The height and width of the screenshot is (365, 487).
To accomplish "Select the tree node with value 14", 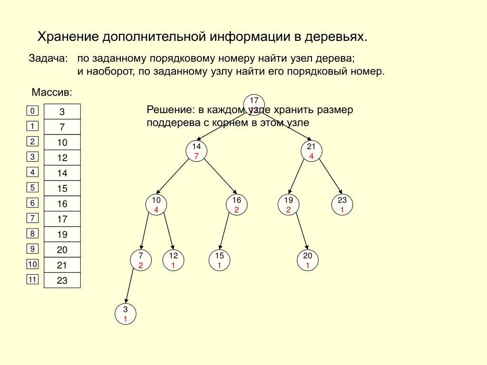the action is coord(196,151).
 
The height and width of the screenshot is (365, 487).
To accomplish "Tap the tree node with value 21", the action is coord(311,151).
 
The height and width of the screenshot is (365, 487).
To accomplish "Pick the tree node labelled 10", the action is coord(156,204).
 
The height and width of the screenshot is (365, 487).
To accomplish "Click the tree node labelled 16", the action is coord(236,204).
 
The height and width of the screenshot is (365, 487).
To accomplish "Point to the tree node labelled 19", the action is coord(288,204).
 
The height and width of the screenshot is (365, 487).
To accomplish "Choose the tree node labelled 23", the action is coord(342,204).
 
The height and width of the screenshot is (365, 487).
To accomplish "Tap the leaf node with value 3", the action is coord(126,314).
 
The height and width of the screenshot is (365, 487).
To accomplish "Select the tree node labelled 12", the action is coord(173,260).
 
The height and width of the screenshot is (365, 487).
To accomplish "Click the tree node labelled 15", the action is coord(219,260).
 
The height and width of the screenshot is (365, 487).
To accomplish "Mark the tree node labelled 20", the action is coord(307,260).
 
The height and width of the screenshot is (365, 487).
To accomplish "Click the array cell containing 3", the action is coord(62,112).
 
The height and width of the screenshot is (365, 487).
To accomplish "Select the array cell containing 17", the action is coord(62,219).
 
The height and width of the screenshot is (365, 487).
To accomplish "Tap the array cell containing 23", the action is coord(62,280).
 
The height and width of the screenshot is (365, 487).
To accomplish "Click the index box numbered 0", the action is coord(32,111).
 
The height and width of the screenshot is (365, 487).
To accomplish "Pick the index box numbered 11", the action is coord(32,279).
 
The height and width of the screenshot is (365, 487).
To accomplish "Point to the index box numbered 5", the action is coord(32,188).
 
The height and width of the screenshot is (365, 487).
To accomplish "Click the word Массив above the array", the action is coord(52,91).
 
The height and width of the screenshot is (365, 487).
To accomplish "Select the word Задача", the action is coord(49,59).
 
